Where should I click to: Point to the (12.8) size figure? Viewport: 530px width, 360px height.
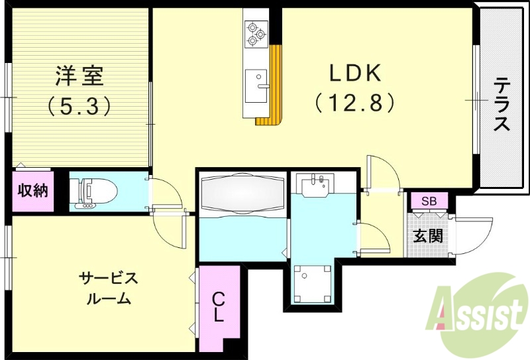[354, 103]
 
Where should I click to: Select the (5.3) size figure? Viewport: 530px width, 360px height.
[79, 106]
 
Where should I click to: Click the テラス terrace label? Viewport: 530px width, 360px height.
[502, 105]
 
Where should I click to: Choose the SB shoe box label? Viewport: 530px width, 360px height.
[429, 201]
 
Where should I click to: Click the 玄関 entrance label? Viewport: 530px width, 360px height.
[429, 235]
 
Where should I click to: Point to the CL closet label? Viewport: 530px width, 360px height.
[219, 308]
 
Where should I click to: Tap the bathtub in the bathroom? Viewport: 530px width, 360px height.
[242, 192]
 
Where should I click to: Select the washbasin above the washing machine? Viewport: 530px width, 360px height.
[314, 185]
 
